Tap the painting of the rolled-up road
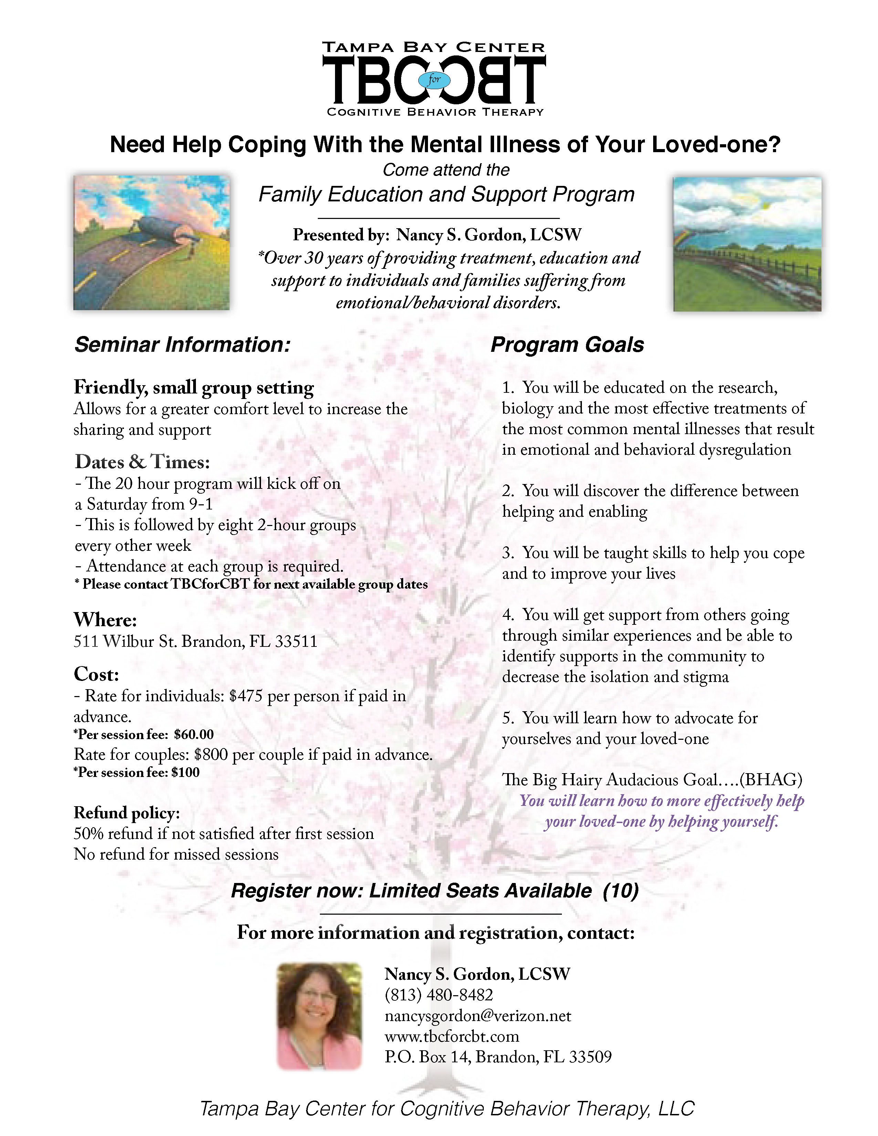151,243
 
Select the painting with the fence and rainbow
747,244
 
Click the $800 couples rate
211,754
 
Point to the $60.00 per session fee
194,735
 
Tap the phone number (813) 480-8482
438,995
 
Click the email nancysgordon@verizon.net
478,1015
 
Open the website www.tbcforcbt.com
451,1036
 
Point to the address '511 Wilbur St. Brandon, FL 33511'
195,641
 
